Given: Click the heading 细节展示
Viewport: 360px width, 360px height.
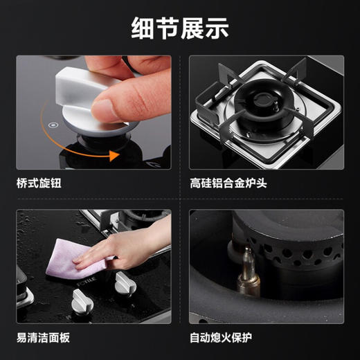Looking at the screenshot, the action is (180, 28).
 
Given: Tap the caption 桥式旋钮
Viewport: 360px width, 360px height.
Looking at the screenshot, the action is (39, 183).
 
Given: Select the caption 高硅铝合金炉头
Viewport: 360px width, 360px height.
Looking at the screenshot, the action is (228, 183).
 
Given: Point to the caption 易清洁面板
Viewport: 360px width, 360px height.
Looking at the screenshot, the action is (43, 338).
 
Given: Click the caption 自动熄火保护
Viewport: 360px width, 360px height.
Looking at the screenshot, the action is (221, 338).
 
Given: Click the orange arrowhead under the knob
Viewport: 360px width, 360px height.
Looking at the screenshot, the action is (114, 156).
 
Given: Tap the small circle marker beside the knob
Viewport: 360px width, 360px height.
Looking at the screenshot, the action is (53, 125).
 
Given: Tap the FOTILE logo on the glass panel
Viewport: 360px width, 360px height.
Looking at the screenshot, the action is (87, 281).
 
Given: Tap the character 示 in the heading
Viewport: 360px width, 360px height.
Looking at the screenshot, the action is (217, 28).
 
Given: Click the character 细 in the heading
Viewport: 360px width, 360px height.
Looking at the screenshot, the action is (143, 28).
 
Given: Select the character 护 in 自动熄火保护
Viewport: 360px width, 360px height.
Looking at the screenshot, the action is (246, 338).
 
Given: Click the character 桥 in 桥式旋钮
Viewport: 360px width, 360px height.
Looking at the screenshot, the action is (22, 183).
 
